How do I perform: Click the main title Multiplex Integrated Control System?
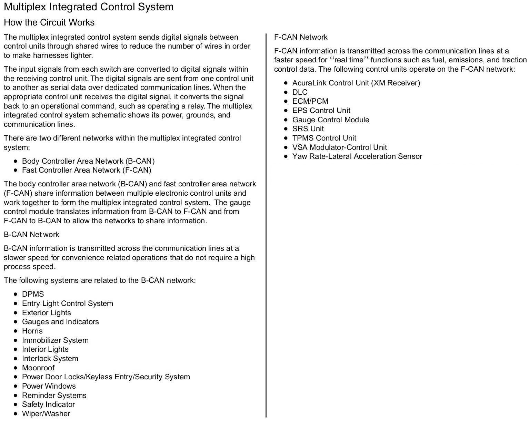pos(89,7)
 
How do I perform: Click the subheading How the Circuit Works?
pos(49,22)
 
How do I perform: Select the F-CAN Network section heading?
pos(301,37)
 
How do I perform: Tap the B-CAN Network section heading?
pos(31,235)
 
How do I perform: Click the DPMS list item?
pos(33,294)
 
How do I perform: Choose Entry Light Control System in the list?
pos(68,304)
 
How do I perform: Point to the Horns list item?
pos(32,331)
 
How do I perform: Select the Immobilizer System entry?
pos(55,340)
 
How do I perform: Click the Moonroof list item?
pos(38,368)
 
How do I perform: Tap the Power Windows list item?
pos(49,386)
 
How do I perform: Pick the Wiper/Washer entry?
pos(46,414)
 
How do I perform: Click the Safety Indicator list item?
pos(48,404)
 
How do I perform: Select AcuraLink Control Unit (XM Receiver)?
pos(356,83)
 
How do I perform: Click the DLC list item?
pos(300,92)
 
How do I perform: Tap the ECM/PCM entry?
pos(310,101)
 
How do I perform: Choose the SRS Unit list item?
pos(308,129)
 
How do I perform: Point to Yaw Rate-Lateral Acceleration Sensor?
pos(357,156)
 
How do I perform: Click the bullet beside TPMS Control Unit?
pos(286,138)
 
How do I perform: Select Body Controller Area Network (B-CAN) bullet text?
pos(88,161)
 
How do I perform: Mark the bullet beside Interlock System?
pos(15,359)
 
